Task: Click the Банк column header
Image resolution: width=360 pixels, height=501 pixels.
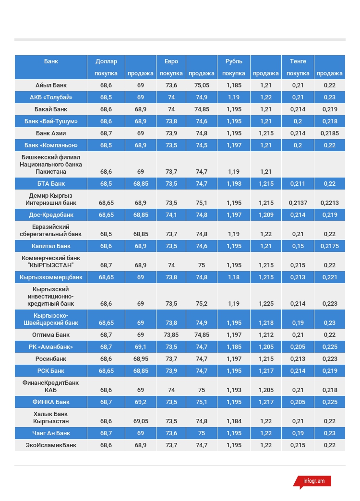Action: (x=51, y=61)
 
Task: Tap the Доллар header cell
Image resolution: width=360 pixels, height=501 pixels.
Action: (x=106, y=61)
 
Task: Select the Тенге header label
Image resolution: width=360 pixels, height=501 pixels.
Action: (x=298, y=61)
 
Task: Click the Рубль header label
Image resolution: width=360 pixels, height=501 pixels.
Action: (x=234, y=61)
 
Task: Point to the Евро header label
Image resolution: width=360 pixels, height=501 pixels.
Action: (x=171, y=61)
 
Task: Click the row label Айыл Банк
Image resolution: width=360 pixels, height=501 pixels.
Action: (x=51, y=85)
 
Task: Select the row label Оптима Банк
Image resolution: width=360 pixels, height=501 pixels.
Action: (x=51, y=335)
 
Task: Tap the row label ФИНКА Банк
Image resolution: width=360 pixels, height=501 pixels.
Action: (x=51, y=402)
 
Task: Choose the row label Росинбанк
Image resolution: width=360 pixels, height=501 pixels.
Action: (x=51, y=359)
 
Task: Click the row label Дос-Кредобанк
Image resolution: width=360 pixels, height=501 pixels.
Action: (x=51, y=215)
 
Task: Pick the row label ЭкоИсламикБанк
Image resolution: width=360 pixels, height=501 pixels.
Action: (x=51, y=445)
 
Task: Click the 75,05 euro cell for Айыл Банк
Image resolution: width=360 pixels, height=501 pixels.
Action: (x=202, y=85)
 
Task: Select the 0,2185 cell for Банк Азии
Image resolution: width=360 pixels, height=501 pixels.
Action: (x=329, y=133)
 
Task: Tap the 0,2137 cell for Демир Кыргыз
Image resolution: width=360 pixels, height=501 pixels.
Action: (x=298, y=203)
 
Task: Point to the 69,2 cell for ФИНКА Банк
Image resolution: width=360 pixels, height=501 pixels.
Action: (x=140, y=402)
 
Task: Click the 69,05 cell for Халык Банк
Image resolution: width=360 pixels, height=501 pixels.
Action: (x=140, y=421)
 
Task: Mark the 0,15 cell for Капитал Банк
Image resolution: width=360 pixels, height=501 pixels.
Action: (x=298, y=246)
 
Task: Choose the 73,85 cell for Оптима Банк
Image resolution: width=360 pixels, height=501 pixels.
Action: (x=171, y=335)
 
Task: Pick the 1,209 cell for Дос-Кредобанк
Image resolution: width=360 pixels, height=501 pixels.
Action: (x=265, y=215)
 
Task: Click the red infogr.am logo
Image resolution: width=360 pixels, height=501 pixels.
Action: (x=313, y=481)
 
